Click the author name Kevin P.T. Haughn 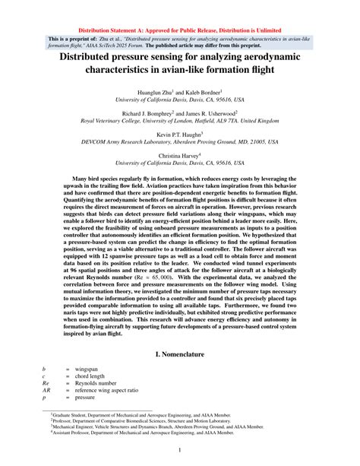(179, 133)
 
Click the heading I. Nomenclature (180, 354)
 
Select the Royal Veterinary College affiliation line (180, 120)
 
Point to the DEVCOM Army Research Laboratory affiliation (180, 141)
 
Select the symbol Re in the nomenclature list (46, 382)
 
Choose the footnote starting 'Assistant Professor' (159, 436)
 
